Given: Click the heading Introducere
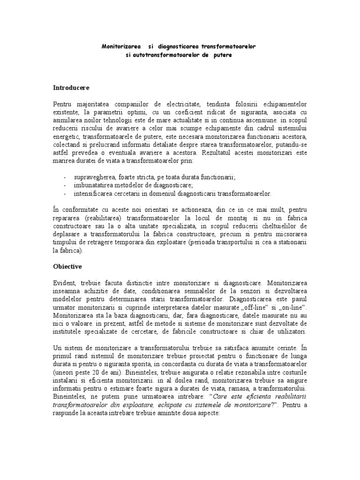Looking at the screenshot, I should coord(70,88).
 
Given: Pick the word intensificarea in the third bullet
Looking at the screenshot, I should coord(92,193).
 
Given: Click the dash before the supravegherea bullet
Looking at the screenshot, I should coord(64,177).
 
